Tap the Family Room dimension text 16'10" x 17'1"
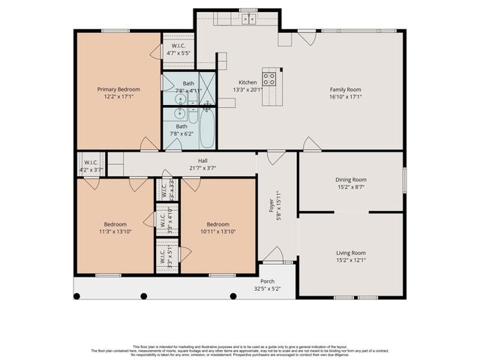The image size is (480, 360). (346, 96)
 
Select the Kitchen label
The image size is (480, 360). (247, 82)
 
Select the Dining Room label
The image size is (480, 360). (350, 179)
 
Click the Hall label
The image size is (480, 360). (202, 160)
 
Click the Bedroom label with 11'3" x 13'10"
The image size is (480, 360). (115, 224)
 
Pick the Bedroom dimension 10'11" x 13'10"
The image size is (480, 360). (217, 232)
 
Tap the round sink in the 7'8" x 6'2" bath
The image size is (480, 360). (178, 114)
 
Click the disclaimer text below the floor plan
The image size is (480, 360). (240, 349)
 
